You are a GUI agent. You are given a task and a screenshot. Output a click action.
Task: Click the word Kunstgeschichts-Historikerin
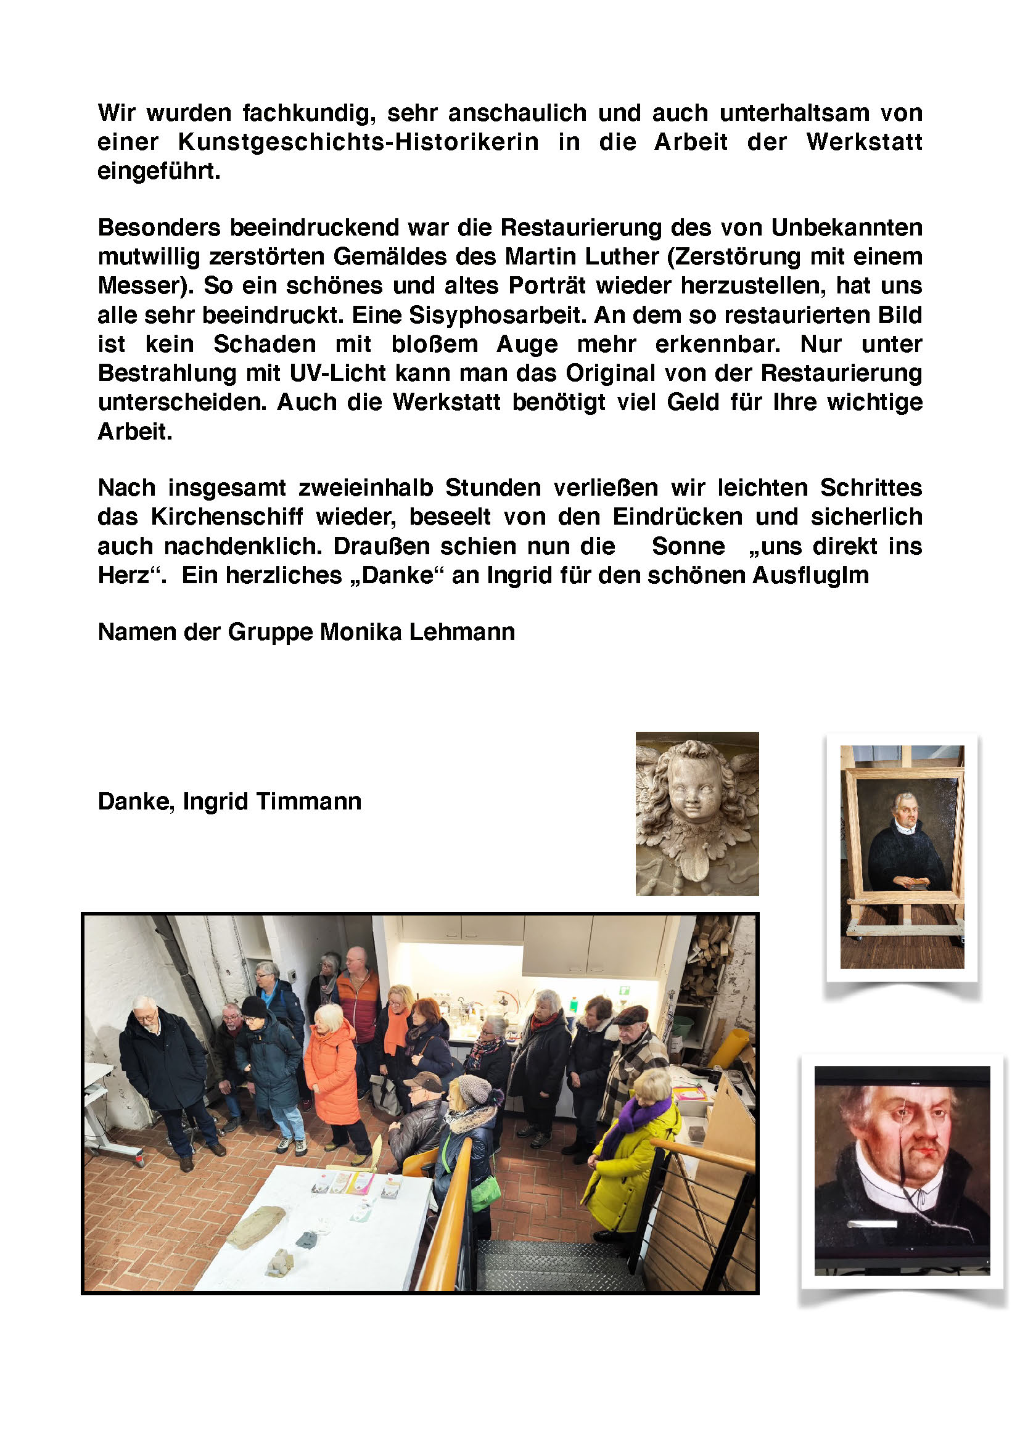358,142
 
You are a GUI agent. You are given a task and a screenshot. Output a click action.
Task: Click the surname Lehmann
462,632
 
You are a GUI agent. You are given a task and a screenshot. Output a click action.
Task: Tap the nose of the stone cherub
690,800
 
